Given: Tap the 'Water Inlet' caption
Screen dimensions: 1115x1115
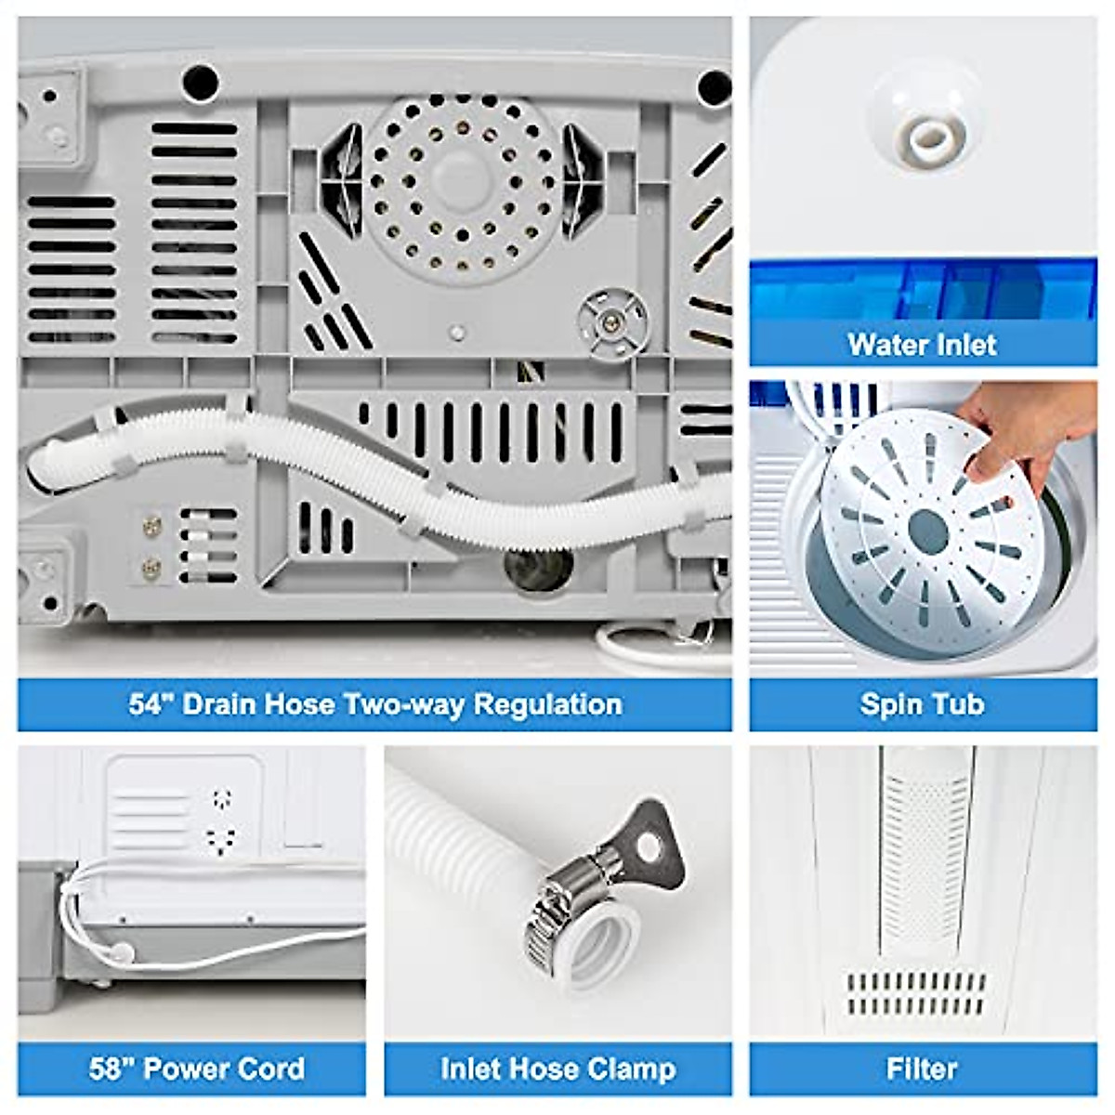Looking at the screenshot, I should pos(922,345).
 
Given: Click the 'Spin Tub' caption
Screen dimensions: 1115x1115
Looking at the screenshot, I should pos(922,703).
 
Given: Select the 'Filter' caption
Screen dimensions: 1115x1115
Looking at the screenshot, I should pos(922,1069).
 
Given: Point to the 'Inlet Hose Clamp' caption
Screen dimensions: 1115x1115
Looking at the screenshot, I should pos(557,1069).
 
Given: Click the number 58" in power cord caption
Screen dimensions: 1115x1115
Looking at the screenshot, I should pos(111,1069).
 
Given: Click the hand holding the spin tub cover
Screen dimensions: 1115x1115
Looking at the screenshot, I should pos(1022,427).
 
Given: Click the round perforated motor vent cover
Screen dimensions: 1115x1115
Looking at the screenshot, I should pos(459,185).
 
